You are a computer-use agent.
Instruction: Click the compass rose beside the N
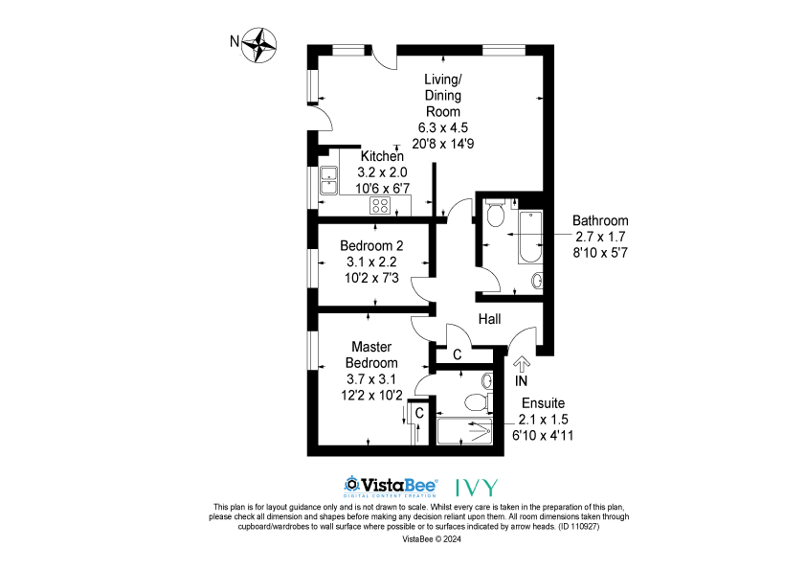[259, 45]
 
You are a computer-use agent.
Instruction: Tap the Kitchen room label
[382, 156]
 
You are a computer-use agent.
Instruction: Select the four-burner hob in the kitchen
[380, 206]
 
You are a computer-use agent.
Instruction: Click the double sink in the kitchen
[328, 180]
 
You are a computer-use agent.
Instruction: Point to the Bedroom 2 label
[371, 246]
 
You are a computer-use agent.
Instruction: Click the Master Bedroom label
[371, 354]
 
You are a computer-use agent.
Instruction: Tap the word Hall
[489, 319]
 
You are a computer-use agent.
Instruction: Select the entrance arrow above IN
[522, 364]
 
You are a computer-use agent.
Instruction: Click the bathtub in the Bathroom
[530, 237]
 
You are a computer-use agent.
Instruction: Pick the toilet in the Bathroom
[496, 213]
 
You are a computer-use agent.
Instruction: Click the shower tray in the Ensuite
[464, 431]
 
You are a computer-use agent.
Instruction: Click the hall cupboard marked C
[458, 354]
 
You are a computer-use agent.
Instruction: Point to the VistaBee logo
[391, 486]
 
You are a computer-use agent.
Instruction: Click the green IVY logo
[477, 487]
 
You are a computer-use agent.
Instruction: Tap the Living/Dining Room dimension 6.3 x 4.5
[442, 127]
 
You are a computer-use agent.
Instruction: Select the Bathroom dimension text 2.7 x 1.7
[600, 237]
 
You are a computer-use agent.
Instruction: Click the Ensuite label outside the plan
[544, 402]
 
